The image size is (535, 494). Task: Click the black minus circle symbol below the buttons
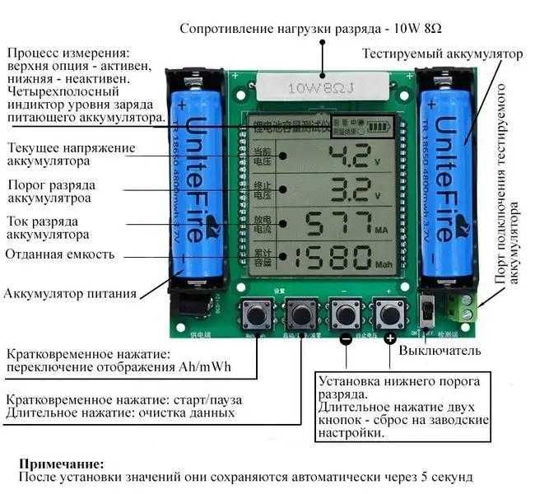click(x=347, y=338)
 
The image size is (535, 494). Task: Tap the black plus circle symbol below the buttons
click(x=389, y=338)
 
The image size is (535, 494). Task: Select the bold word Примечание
click(x=61, y=464)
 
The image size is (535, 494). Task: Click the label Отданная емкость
click(x=59, y=254)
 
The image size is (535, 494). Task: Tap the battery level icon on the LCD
click(x=379, y=128)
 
